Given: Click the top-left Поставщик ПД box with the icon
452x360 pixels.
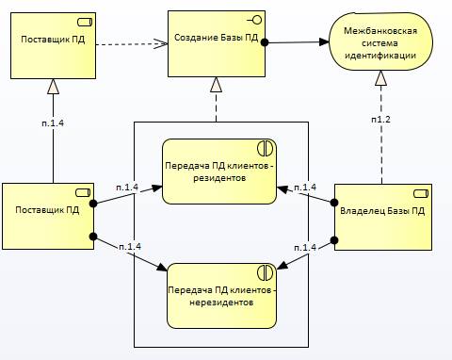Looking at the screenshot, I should tap(53, 44).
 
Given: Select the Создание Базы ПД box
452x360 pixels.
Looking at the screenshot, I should tap(217, 43).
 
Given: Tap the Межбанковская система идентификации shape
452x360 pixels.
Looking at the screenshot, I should tap(380, 44).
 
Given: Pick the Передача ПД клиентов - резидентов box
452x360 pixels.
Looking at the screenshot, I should tap(218, 172).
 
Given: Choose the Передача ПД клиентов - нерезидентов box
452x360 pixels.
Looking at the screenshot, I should tap(222, 295).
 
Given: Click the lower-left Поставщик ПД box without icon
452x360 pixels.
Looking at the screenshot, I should tap(47, 218).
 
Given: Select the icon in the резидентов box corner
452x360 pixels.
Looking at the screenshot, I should tap(265, 148).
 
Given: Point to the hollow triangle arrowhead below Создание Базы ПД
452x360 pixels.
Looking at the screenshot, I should tap(217, 84).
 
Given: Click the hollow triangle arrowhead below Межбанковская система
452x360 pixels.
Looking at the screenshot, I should tap(379, 80).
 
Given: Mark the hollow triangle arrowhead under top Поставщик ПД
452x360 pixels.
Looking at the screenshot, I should tap(53, 87).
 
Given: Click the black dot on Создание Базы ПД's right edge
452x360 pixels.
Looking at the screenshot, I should tap(266, 42).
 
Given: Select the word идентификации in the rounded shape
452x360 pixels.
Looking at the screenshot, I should tap(380, 57).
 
